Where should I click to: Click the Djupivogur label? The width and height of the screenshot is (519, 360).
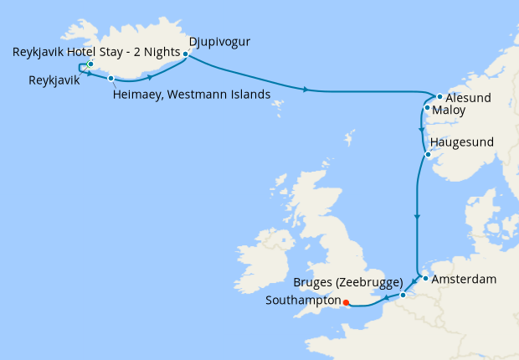point(220,41)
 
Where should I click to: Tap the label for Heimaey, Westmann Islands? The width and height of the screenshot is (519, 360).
point(192,95)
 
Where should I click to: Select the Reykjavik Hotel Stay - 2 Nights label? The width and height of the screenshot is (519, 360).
point(96,52)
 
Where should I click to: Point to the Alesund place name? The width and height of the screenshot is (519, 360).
point(468,98)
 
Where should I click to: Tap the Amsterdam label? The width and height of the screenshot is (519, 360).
point(465,279)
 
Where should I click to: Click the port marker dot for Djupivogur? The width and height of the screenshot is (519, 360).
point(185,54)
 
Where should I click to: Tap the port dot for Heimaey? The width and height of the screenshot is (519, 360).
point(110,79)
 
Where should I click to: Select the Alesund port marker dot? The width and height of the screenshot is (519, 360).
point(439,96)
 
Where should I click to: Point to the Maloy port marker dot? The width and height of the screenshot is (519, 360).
point(427,108)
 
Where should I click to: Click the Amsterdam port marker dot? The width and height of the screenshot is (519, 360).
point(425,278)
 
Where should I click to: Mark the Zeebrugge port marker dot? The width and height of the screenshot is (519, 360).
point(403,295)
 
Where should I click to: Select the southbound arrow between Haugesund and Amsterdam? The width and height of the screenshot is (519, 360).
point(416,218)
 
